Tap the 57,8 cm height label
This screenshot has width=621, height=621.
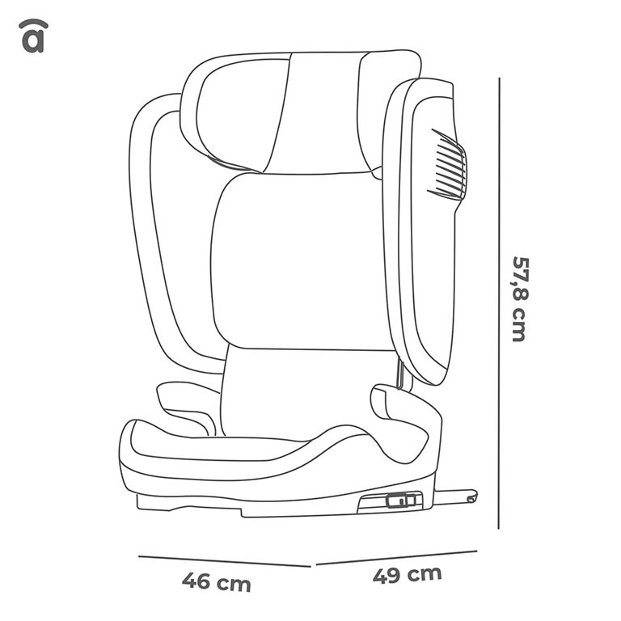[x=519, y=299]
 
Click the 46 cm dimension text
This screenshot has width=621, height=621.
[x=216, y=582]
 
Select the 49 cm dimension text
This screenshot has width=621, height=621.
[x=408, y=576]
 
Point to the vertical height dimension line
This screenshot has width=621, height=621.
[x=499, y=303]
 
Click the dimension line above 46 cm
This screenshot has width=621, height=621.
[x=224, y=561]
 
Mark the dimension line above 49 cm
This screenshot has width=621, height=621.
[x=396, y=557]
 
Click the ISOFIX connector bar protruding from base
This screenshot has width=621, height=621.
[x=455, y=496]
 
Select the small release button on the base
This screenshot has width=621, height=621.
[x=400, y=501]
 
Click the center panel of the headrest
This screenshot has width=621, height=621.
[x=315, y=113]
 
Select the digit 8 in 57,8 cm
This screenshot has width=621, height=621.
[x=519, y=293]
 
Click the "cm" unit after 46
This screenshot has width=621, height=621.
[x=234, y=584]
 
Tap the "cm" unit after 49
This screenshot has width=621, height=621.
[x=425, y=574]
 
